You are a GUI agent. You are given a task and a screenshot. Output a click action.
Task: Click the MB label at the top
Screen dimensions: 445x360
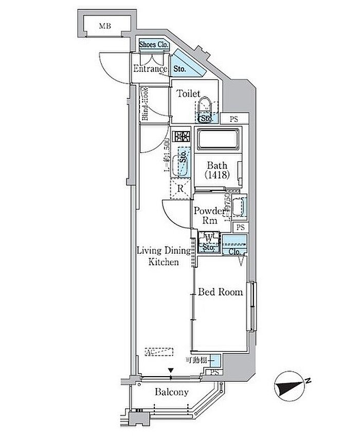105,25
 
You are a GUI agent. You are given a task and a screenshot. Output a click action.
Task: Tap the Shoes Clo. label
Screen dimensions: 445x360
154,45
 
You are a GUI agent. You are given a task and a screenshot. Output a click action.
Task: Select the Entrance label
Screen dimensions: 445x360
150,69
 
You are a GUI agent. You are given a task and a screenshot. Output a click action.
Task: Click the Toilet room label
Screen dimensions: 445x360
188,94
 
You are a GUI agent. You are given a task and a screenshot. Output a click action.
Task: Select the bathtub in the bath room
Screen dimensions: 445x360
218,140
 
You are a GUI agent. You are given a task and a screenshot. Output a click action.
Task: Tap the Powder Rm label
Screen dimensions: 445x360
208,215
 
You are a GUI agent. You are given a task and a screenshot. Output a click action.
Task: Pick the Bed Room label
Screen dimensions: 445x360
220,292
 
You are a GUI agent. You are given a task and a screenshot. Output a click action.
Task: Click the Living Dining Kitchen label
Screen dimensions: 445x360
163,256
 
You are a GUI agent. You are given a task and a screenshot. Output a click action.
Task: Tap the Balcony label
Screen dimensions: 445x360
171,392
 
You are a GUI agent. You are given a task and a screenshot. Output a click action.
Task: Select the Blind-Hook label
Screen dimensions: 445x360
146,105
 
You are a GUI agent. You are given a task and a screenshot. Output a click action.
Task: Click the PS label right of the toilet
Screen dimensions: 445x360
234,119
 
